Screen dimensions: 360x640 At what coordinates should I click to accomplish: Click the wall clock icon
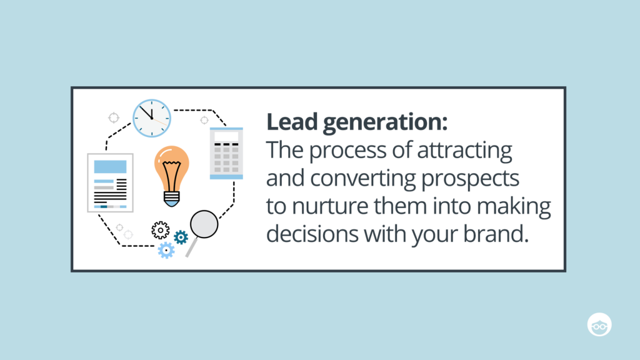[151, 118]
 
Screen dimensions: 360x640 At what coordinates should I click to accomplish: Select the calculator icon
[226, 153]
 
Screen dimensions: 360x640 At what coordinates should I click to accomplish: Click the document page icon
[110, 182]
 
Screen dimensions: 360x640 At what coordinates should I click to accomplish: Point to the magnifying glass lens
[204, 224]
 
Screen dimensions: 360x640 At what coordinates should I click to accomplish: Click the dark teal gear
[181, 237]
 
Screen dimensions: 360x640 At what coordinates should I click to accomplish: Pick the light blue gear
[166, 250]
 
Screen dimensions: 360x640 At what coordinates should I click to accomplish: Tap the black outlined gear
[160, 230]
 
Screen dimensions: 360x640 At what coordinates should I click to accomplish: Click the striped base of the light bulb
[171, 197]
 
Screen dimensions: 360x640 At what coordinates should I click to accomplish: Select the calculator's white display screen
[226, 136]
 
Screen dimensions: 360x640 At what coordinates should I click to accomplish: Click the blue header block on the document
[110, 166]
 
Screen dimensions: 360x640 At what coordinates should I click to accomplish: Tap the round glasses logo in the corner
[599, 324]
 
